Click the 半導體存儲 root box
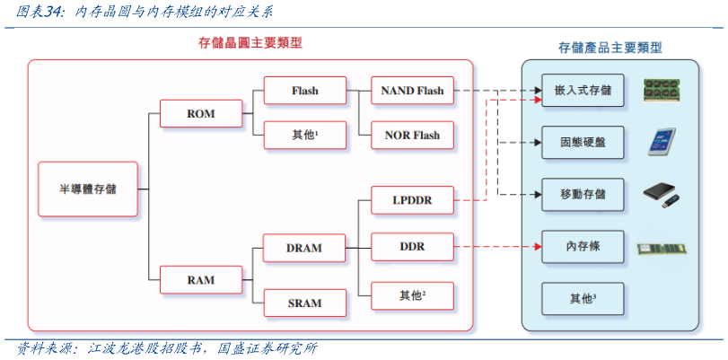click(x=88, y=189)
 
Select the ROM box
click(x=200, y=114)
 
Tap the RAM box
click(x=200, y=280)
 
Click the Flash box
click(x=304, y=91)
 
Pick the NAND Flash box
click(x=412, y=91)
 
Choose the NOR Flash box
click(x=412, y=136)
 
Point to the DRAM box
click(x=303, y=248)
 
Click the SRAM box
click(x=303, y=303)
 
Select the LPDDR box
click(x=412, y=200)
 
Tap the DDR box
click(x=412, y=246)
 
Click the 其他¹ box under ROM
click(x=304, y=136)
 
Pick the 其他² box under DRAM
click(x=412, y=295)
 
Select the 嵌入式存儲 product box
click(x=583, y=91)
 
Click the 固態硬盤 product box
click(x=583, y=143)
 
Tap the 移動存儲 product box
click(x=583, y=194)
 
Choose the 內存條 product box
click(x=583, y=246)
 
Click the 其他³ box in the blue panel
click(x=583, y=296)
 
